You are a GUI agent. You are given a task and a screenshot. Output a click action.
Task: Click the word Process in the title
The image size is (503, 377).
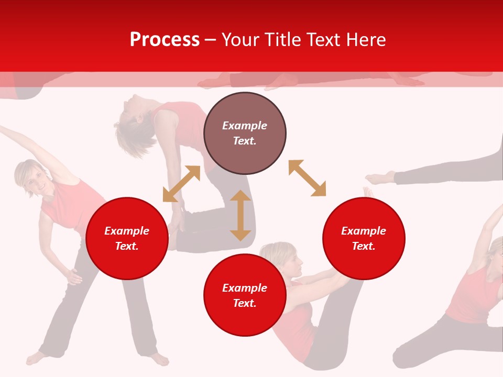(165, 40)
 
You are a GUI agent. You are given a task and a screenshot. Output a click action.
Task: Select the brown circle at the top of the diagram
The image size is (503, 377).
(245, 134)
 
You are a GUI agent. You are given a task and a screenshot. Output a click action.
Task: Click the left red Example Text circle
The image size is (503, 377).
(127, 238)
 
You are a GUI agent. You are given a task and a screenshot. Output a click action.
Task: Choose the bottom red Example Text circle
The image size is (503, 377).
(245, 295)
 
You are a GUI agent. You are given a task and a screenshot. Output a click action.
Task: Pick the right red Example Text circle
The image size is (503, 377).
(364, 238)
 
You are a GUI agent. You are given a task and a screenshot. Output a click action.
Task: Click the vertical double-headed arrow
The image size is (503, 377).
(240, 215)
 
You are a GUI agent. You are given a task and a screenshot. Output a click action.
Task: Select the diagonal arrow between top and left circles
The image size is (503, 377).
(181, 184)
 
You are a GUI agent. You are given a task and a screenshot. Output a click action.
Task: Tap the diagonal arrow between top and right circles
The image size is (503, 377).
(307, 178)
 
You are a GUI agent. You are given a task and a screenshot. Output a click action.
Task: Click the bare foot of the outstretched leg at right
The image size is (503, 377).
(380, 178)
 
